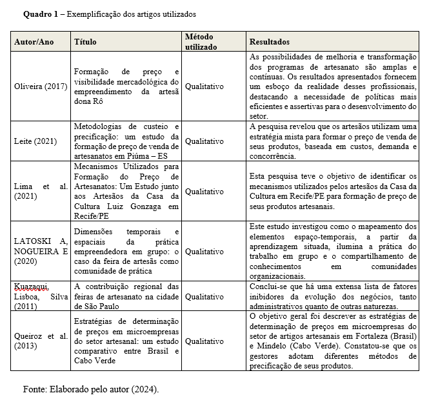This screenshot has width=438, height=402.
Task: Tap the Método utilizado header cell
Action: (x=200, y=42)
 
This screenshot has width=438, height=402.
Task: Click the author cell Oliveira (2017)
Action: (x=40, y=86)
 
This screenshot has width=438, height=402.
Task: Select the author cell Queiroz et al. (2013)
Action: (x=40, y=341)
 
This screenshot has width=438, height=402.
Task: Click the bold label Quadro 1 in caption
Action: (x=41, y=14)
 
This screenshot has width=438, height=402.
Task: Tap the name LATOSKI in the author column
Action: (x=34, y=241)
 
